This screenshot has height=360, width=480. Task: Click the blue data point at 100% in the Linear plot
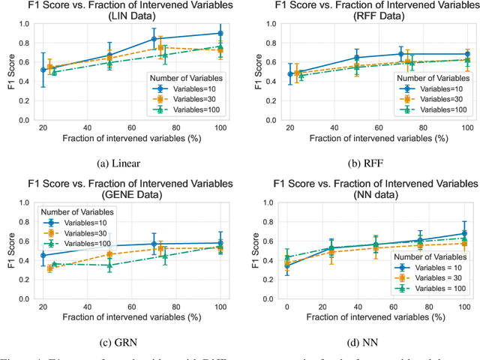click(220, 33)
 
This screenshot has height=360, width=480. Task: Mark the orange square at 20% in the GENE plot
click(50, 268)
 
